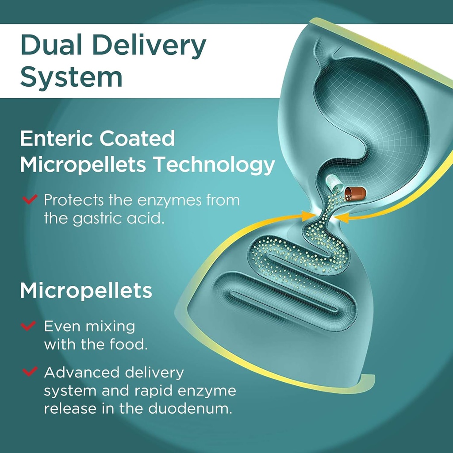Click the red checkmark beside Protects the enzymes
pyautogui.click(x=30, y=200)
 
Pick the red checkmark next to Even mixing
pyautogui.click(x=28, y=326)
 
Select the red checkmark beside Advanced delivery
pyautogui.click(x=30, y=372)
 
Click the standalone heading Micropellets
pyautogui.click(x=86, y=291)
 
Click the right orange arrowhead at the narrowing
pyautogui.click(x=341, y=217)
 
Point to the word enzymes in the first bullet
pyautogui.click(x=168, y=200)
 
